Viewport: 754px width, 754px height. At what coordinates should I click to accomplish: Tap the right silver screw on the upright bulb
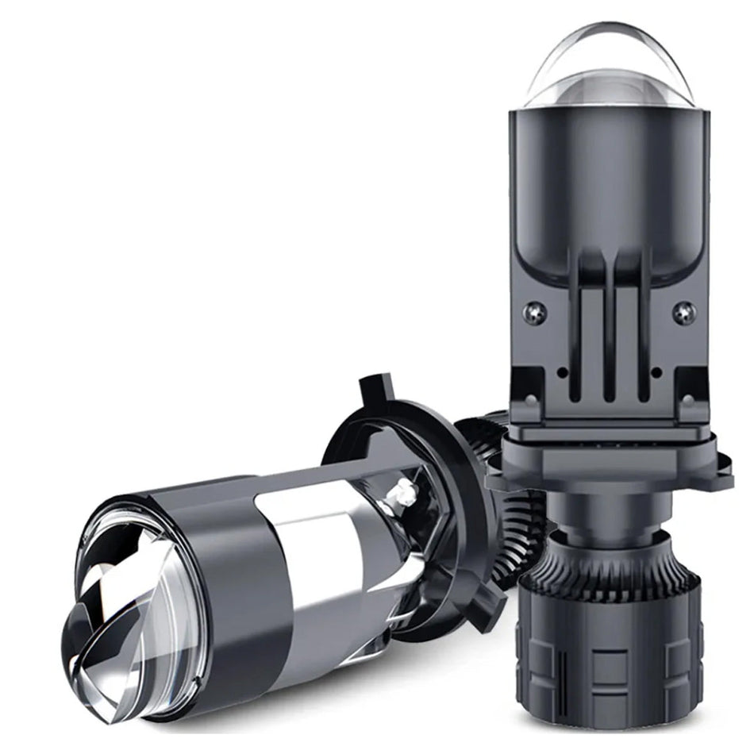[683, 313]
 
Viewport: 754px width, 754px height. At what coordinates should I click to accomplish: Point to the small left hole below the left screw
[562, 371]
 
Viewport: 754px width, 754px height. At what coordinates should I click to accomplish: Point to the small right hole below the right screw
[656, 371]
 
